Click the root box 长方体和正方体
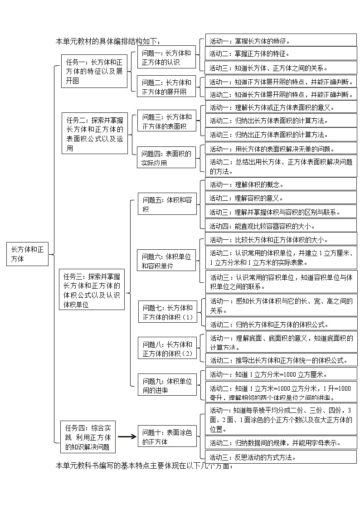pos(27,254)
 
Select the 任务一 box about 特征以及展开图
pos(94,71)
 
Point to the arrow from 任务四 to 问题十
pos(127,437)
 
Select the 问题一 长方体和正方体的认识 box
pos(166,58)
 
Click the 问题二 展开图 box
pos(166,87)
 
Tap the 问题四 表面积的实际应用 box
pos(166,158)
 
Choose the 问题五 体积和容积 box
pos(167,204)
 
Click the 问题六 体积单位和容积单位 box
pos(167,261)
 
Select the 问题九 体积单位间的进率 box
pos(167,385)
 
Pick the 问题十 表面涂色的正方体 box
pos(167,437)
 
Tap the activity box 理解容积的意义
pos(281,198)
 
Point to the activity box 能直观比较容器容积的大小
pos(281,226)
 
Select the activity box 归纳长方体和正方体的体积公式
pos(281,324)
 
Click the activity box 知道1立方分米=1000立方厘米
pos(281,374)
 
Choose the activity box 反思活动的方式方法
pos(281,457)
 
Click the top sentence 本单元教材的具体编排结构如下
pos(108,41)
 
